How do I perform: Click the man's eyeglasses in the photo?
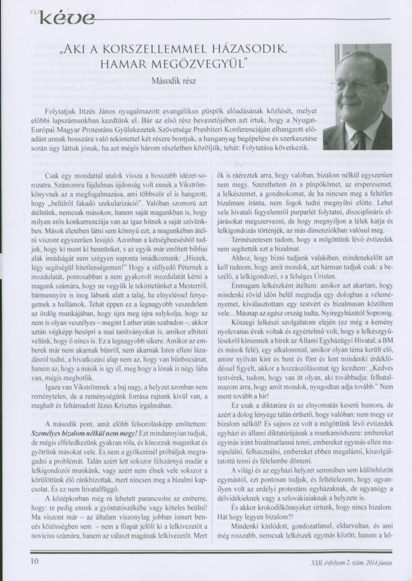(x=358, y=85)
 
